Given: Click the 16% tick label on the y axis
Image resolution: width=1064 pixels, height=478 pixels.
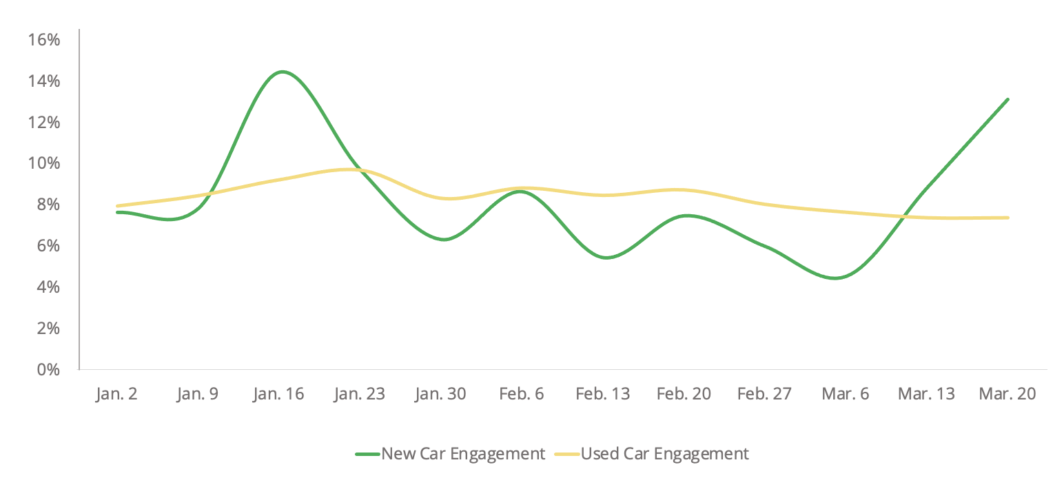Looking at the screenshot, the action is point(44,40).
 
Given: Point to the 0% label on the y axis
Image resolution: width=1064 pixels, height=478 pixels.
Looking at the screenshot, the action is point(48,369).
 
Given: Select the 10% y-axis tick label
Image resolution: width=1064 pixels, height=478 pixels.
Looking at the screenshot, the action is point(44,163).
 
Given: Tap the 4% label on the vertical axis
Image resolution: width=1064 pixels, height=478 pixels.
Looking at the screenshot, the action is point(48,287).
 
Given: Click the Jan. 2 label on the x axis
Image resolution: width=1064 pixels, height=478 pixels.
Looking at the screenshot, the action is point(116,394).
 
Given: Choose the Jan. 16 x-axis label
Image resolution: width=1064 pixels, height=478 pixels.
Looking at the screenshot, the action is point(278,394).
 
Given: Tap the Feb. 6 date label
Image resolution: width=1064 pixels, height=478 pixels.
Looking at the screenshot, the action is point(521,394).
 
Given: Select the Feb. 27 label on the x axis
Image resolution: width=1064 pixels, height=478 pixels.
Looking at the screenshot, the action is point(764,394).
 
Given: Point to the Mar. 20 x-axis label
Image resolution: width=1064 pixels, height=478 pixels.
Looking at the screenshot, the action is point(1007,394).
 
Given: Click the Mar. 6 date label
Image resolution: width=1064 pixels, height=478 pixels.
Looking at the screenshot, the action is point(846,394).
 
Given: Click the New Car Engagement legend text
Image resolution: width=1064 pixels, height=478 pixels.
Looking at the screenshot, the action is point(463,454).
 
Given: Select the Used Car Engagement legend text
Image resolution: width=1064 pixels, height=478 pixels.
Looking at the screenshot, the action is point(664,454).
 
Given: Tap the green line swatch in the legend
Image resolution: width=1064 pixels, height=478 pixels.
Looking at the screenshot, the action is point(367,455).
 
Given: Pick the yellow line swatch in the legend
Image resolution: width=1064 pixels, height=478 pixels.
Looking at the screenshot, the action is point(566,455).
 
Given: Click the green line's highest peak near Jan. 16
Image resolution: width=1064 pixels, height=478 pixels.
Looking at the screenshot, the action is point(282,72).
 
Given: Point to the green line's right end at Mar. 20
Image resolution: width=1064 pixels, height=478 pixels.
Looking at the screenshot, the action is point(1007,100).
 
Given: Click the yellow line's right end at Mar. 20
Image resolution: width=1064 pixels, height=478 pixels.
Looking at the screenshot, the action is point(1007,218).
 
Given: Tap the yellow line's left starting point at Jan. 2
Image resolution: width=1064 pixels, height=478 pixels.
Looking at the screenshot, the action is point(117,206).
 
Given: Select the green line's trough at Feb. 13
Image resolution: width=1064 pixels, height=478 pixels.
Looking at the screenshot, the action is point(607,258).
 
